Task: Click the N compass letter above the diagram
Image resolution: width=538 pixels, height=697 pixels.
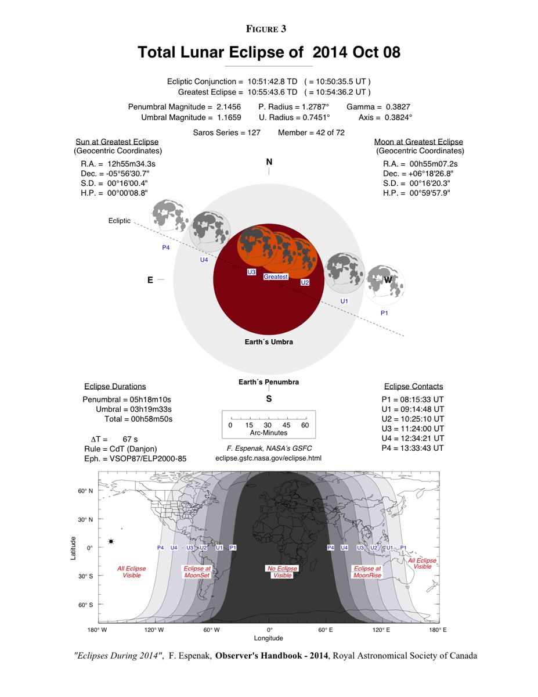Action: point(269,162)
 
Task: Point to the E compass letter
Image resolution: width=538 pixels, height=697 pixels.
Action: point(150,280)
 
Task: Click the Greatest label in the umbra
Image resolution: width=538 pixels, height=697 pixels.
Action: point(276,276)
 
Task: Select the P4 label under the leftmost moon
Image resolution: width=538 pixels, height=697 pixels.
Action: point(166,247)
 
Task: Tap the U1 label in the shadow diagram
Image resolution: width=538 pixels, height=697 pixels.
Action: point(344,301)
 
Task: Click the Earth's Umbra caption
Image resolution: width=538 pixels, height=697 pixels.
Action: point(269,342)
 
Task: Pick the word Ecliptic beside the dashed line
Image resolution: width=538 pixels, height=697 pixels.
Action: point(120,221)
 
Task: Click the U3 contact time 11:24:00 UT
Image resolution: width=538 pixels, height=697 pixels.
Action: point(421,428)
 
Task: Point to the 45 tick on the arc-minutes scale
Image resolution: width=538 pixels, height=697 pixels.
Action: point(287,425)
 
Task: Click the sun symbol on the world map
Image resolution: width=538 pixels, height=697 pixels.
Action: point(111,541)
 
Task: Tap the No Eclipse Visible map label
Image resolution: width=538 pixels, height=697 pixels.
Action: point(282,572)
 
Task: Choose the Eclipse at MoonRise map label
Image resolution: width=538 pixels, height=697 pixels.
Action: point(367,572)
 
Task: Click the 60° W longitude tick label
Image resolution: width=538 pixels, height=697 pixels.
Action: point(212,630)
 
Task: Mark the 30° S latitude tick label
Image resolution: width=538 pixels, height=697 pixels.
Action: point(85,576)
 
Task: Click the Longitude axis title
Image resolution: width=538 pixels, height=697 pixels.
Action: point(269,638)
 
